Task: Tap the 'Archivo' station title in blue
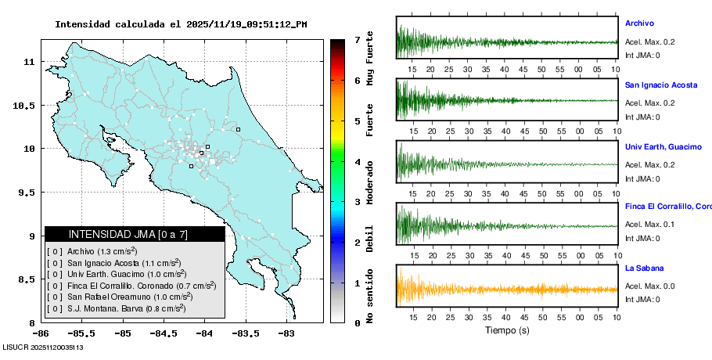coord(639,23)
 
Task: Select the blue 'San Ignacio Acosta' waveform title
coord(661,85)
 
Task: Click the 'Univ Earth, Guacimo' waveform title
coord(663,146)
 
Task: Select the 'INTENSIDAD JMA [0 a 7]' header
coord(135,234)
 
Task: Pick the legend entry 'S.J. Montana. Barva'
coord(117,309)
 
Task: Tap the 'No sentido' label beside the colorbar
coord(370,297)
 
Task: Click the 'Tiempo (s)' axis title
coord(506,330)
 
